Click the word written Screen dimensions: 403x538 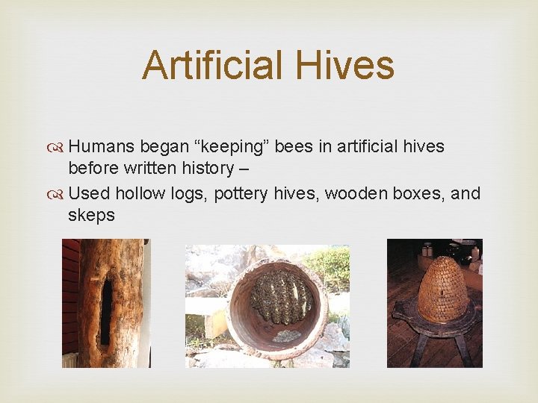tap(154, 169)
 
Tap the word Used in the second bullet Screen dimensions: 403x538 tap(89, 193)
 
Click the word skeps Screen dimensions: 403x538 tap(91, 216)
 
